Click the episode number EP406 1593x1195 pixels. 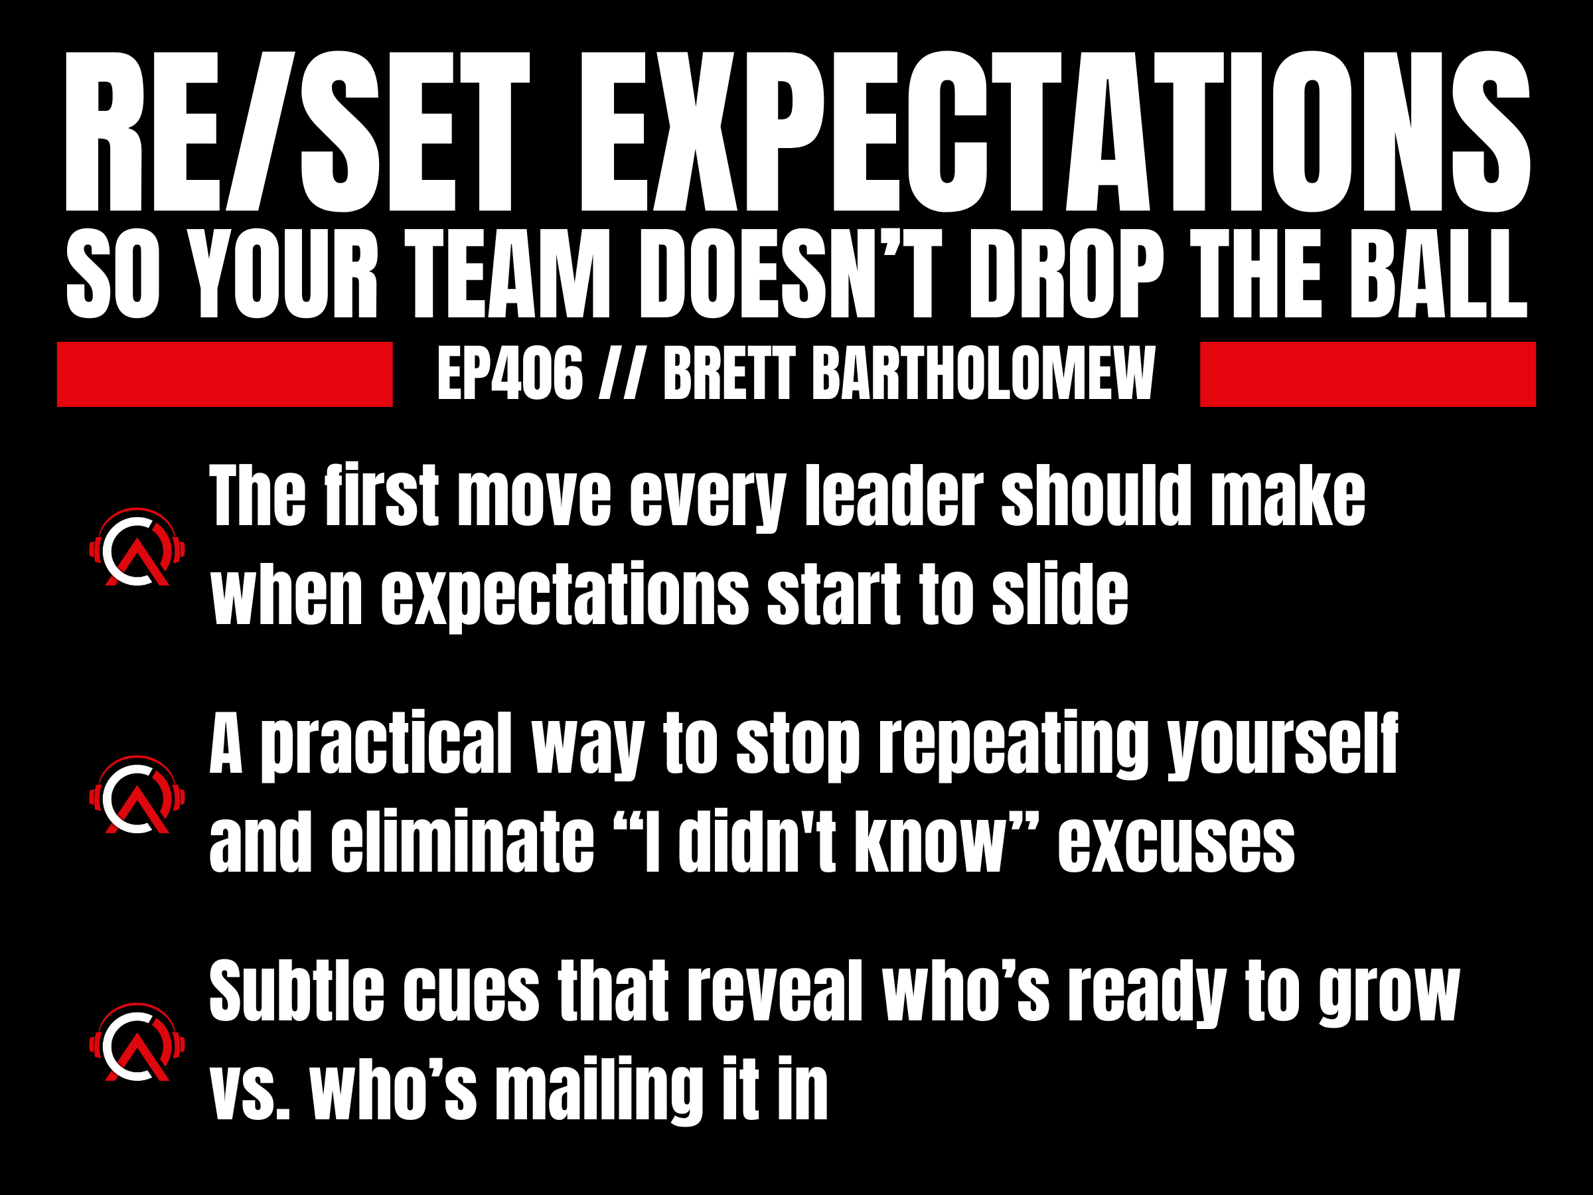510,374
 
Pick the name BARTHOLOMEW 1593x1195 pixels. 984,374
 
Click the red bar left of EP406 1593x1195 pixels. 225,374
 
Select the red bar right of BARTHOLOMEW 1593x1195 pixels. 1367,374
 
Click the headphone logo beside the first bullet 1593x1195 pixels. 137,548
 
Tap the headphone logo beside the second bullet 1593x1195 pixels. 137,795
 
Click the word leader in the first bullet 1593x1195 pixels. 893,497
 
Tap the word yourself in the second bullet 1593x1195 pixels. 1282,746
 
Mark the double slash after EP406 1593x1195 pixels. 621,374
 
